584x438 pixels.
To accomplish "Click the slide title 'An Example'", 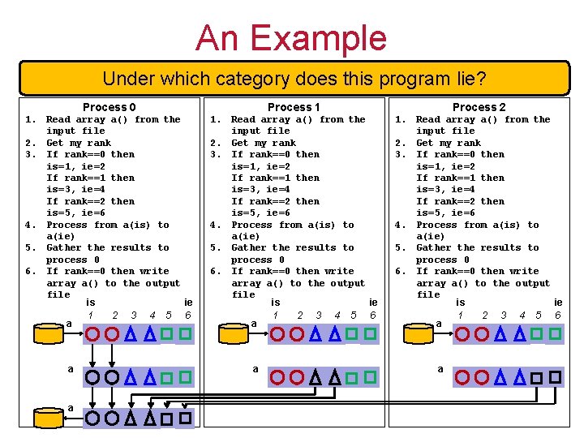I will coord(291,37).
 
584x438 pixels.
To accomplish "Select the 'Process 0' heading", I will coord(109,107).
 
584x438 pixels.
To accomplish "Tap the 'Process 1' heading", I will coord(294,107).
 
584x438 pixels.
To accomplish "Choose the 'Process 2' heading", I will coord(479,107).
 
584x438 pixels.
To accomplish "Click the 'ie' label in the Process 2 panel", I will coord(557,302).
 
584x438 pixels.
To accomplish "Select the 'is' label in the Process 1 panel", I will coord(276,302).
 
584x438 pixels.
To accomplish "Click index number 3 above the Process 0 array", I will coord(134,315).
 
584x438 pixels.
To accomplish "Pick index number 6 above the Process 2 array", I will coord(557,315).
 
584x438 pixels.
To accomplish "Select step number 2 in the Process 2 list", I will coord(399,143).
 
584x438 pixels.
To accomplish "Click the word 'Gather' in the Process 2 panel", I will coord(433,247).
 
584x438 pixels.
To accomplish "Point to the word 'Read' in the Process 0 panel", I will coord(58,119).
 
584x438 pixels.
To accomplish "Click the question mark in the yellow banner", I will coord(481,79).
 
